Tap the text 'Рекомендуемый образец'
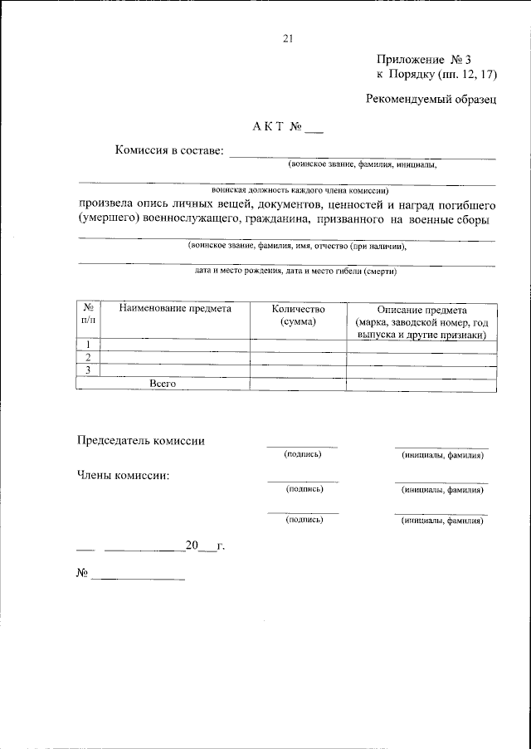431,100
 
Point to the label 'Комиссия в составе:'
169,150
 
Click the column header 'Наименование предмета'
174,309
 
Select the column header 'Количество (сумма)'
299,316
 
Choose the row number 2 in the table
88,357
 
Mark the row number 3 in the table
88,370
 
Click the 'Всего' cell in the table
163,383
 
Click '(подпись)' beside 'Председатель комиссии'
303,455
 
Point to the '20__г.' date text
205,546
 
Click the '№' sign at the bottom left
82,574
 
